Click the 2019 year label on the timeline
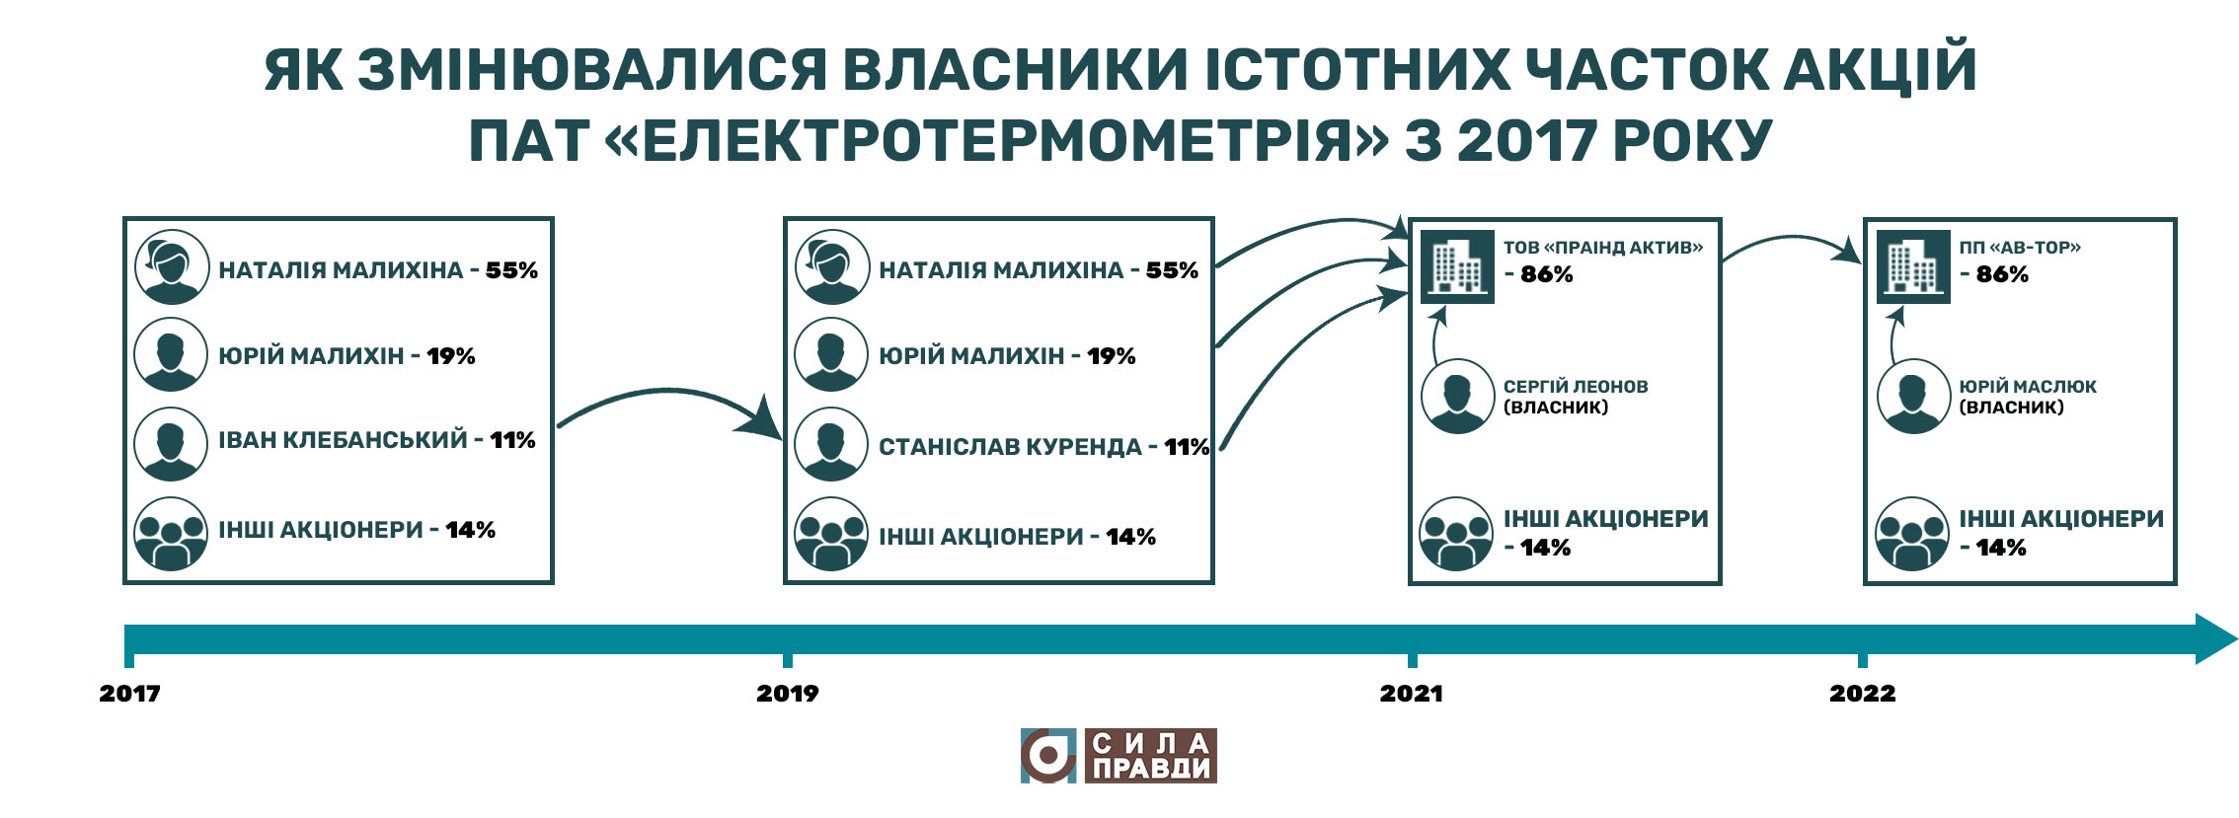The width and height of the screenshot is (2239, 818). pos(787,693)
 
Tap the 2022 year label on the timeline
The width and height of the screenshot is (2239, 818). pos(1862,693)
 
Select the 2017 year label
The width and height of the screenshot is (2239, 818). pos(129,693)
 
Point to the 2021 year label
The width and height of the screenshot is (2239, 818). pos(1411,693)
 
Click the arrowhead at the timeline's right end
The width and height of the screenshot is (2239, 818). pos(2215,638)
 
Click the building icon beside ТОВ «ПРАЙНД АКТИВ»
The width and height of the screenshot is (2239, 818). pos(1457,266)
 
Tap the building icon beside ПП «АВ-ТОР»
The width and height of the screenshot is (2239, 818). pos(1913,266)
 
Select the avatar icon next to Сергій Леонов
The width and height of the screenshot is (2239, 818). pos(1457,397)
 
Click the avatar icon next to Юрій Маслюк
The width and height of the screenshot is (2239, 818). pos(1913,397)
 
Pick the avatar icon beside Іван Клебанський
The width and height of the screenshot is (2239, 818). pos(171,444)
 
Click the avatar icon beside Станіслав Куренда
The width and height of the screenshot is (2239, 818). pos(831,444)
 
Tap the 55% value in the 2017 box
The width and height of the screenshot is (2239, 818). pos(511,270)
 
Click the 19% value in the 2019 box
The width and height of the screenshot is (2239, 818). pos(1112,356)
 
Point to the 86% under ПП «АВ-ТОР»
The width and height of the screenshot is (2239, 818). pos(2002,274)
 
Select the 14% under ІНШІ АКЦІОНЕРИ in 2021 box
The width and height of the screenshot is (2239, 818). pos(1545,548)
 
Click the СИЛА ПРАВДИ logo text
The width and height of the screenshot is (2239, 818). pos(1151,756)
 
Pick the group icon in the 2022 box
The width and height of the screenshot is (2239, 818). pos(1913,534)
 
